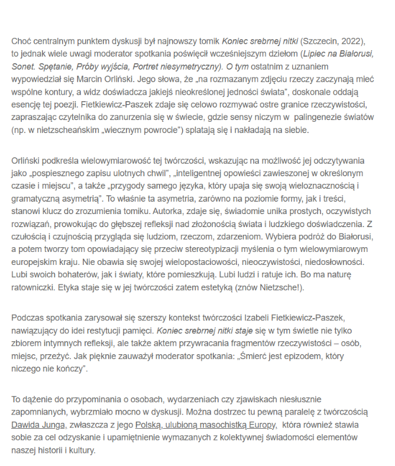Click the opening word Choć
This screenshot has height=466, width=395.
(21, 41)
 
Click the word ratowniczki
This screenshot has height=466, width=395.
(33, 291)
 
